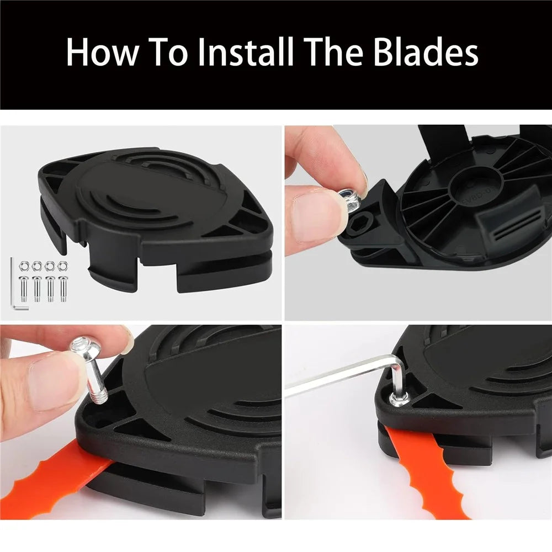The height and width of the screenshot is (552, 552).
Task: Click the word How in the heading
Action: coord(102,52)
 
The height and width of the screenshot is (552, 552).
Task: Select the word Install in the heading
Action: coord(245,52)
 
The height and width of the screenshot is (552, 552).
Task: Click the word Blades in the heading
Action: coord(426,52)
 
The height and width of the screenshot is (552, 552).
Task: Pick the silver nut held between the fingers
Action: coord(348,200)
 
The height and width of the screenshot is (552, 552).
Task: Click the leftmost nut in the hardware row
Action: coord(24,266)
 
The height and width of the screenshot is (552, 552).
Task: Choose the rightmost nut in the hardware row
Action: coord(63,266)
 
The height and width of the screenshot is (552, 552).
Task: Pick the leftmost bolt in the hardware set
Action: coord(23,289)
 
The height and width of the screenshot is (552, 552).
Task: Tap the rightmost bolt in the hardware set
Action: coord(63,289)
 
